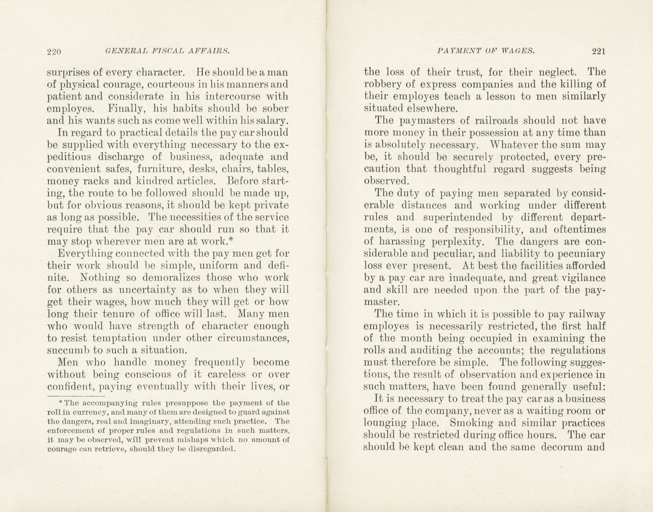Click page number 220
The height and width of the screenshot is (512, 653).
[x=54, y=52]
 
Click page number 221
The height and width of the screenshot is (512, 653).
[x=598, y=51]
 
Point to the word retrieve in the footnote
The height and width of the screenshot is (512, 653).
[x=110, y=449]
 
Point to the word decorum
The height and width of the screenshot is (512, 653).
[x=558, y=447]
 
